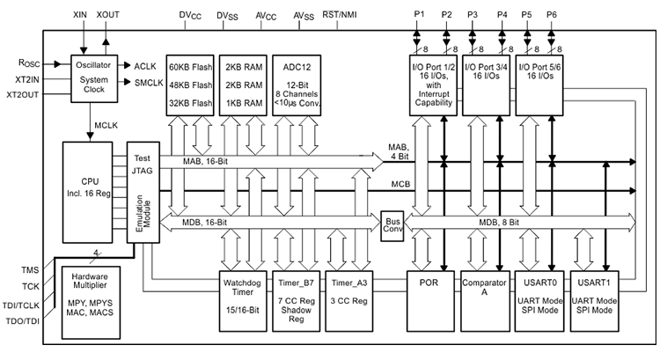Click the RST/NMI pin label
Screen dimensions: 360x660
click(x=341, y=14)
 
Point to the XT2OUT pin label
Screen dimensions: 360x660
click(x=25, y=93)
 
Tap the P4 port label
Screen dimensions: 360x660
click(x=502, y=15)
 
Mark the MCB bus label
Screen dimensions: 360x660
click(x=398, y=184)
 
